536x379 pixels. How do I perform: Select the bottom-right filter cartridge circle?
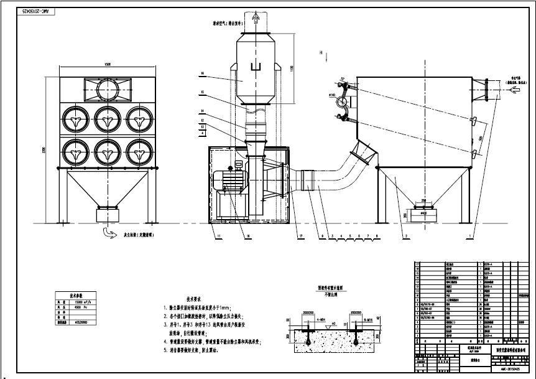pyautogui.click(x=138, y=151)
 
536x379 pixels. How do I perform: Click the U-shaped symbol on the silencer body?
pyautogui.click(x=252, y=67)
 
